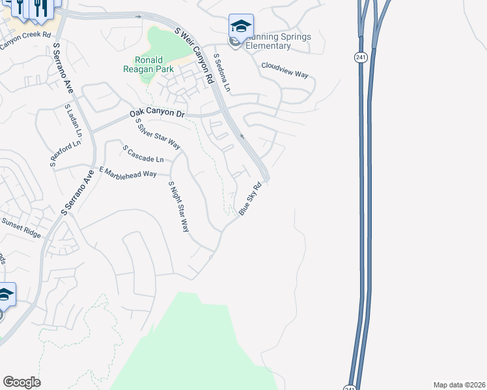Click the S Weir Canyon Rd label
[x=195, y=56]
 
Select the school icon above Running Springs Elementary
[x=241, y=27]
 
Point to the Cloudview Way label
[x=285, y=70]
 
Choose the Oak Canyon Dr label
[x=158, y=112]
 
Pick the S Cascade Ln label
[x=143, y=154]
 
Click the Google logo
[x=21, y=382]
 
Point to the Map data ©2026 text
[x=458, y=385]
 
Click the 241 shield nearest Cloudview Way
[x=361, y=57]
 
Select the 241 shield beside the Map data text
[x=352, y=384]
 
